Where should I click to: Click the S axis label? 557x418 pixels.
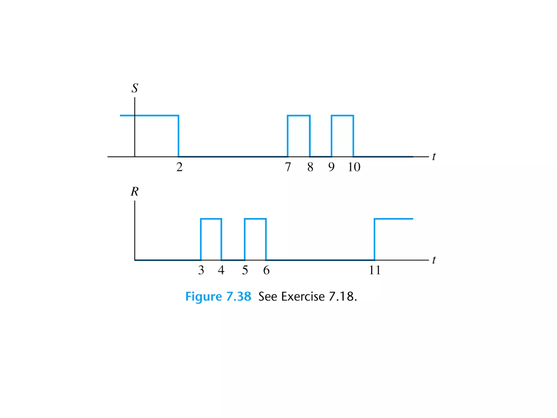point(135,88)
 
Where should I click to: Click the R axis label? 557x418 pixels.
point(135,192)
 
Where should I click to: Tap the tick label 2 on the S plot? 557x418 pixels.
point(179,167)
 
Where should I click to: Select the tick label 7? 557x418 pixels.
point(288,167)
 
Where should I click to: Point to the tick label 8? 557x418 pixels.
point(310,167)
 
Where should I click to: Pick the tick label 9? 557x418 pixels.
point(331,167)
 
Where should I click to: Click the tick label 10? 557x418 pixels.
point(354,167)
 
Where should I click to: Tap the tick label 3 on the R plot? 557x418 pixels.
point(201,270)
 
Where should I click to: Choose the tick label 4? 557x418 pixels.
point(221,270)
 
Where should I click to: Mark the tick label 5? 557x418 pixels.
point(245,270)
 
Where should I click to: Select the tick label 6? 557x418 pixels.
point(266,270)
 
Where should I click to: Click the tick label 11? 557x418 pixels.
point(375,270)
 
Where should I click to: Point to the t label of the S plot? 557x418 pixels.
point(434,156)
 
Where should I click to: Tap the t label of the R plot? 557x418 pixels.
point(434,260)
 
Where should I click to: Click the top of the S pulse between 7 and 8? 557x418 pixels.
point(299,116)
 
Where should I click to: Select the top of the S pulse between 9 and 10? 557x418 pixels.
point(342,116)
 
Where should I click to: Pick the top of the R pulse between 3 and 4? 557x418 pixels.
point(211,219)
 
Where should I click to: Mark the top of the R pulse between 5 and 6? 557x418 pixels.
point(255,219)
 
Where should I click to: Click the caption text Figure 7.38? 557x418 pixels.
point(218,296)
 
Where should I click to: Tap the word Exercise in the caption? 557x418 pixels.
point(303,296)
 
